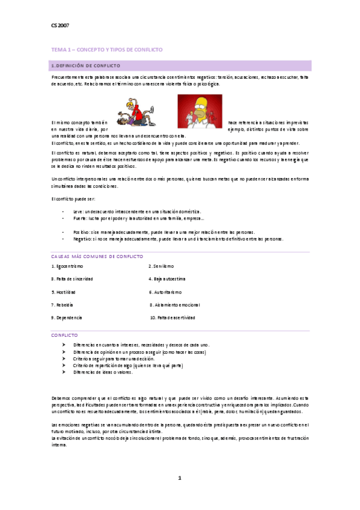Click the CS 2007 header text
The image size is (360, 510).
[59, 26]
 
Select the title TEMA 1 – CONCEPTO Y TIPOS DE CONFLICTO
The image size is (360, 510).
[106, 49]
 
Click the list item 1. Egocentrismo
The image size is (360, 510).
[67, 266]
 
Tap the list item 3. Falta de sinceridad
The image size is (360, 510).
[72, 278]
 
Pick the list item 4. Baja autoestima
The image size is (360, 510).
[167, 278]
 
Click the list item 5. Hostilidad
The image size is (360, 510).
[63, 291]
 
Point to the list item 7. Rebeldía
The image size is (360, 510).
[62, 304]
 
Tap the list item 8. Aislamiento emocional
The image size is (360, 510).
[175, 304]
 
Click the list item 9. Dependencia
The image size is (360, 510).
[67, 317]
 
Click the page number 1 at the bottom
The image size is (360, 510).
[180, 478]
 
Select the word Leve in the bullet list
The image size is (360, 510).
[77, 212]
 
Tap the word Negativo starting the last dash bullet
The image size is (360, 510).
[82, 239]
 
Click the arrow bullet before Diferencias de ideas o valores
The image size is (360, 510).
[64, 372]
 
